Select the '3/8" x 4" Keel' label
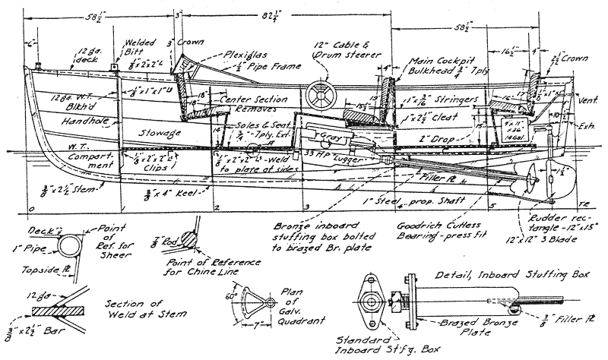[173, 193]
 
